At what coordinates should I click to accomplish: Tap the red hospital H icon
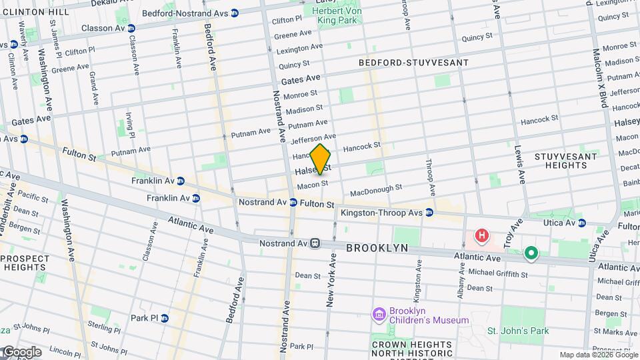coord(481,236)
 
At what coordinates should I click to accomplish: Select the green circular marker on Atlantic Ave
coord(531,253)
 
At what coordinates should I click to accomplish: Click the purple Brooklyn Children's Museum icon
coord(379,313)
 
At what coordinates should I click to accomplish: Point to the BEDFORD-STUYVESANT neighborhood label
coord(413,63)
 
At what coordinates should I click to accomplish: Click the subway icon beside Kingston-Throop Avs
coord(429,213)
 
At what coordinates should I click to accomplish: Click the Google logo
coord(21,351)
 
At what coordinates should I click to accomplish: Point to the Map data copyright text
coord(598,355)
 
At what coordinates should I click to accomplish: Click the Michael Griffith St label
coord(497,274)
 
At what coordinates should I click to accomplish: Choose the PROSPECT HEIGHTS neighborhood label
coord(24,263)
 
